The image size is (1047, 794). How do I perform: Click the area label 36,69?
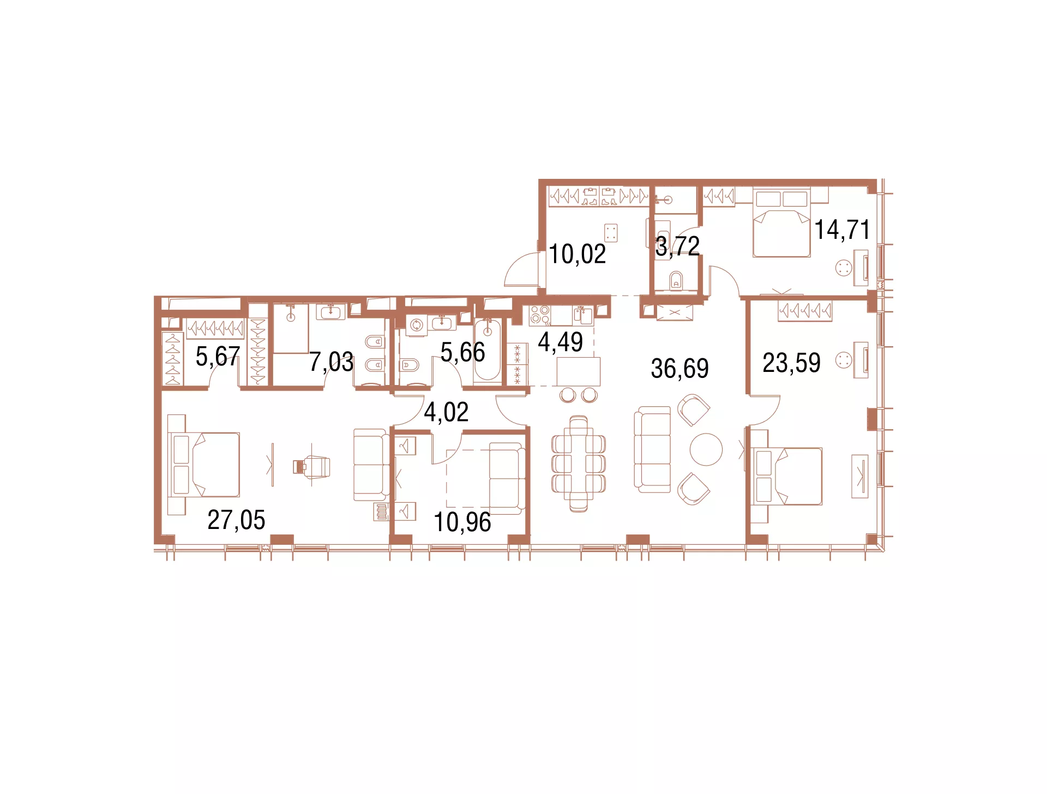(679, 369)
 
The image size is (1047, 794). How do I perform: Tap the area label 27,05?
(236, 520)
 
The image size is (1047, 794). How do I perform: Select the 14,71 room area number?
(842, 230)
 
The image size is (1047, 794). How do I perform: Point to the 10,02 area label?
(577, 254)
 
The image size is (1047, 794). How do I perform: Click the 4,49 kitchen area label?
(560, 342)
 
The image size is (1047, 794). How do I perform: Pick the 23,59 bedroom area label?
(791, 363)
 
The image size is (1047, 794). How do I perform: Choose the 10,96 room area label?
(462, 522)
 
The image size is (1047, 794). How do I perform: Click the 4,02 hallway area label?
(446, 412)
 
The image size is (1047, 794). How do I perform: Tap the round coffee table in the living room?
(706, 449)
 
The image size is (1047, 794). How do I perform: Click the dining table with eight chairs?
(579, 464)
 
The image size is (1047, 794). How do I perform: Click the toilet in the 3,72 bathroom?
(676, 280)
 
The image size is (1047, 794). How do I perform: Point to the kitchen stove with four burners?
(540, 316)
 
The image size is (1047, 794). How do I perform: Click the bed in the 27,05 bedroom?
(204, 465)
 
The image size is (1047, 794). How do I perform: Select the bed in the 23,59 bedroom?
(786, 476)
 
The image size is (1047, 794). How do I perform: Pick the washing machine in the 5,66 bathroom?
(417, 326)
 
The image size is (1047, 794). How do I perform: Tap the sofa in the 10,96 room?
(507, 479)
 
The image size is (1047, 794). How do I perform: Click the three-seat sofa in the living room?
(652, 449)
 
